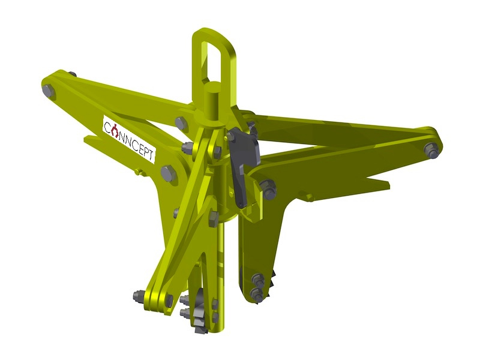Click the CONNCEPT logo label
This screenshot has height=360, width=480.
[129, 139]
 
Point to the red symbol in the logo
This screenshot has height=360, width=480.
[114, 128]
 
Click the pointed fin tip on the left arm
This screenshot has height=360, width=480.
[86, 139]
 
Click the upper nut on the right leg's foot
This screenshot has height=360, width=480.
[258, 279]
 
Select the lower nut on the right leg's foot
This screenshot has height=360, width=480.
[257, 294]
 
